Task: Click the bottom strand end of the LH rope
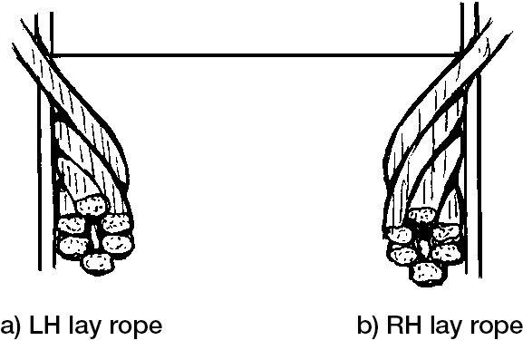pyautogui.click(x=97, y=263)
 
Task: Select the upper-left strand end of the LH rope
pyautogui.click(x=69, y=222)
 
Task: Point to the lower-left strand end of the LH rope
pyautogui.click(x=70, y=243)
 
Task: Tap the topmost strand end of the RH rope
pyautogui.click(x=421, y=216)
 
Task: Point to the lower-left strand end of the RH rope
pyautogui.click(x=400, y=255)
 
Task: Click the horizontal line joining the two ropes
pyautogui.click(x=254, y=55)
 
